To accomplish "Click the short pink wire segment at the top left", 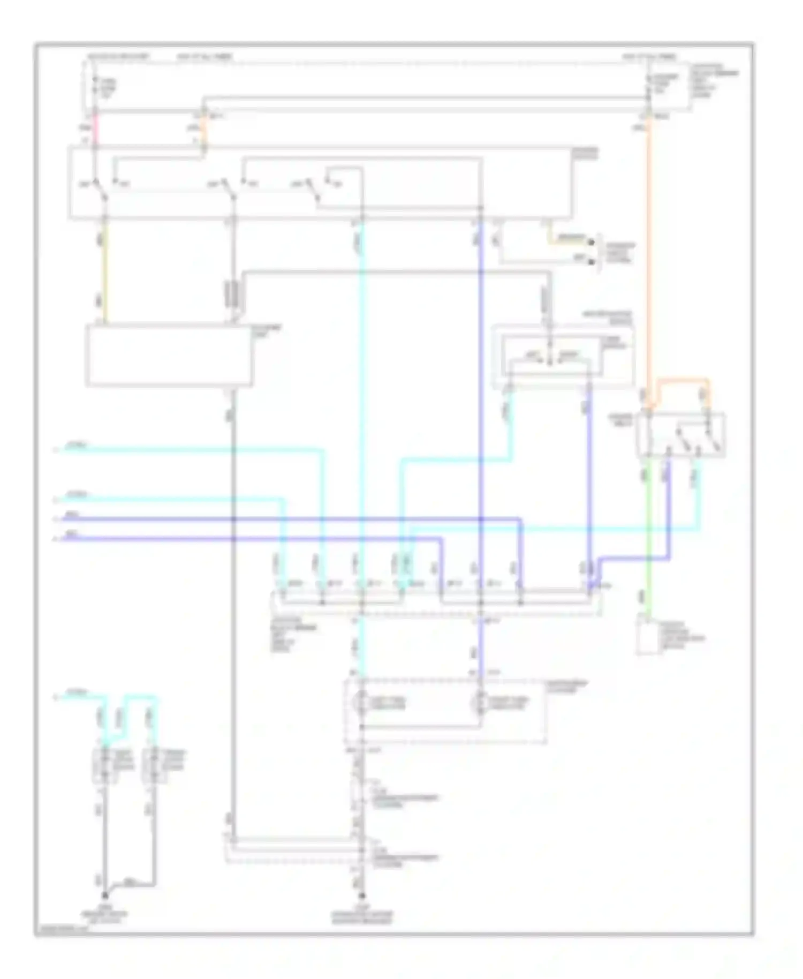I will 95,129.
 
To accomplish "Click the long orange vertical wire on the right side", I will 648,257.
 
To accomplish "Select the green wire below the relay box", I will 647,536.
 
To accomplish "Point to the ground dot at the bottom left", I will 105,895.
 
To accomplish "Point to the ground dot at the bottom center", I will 362,895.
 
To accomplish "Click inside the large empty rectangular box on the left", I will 169,355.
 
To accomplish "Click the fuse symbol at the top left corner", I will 95,86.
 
